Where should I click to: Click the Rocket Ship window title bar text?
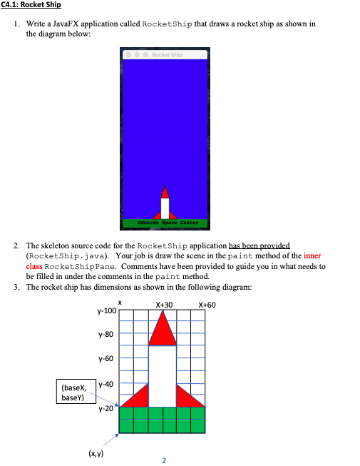(x=166, y=55)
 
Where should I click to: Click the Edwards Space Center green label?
(x=165, y=223)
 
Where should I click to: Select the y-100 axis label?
(x=106, y=312)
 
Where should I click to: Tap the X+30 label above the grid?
(x=163, y=305)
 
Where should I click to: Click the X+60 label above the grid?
(x=207, y=305)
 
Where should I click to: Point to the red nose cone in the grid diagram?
(x=163, y=330)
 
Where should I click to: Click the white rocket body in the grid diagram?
(x=163, y=375)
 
